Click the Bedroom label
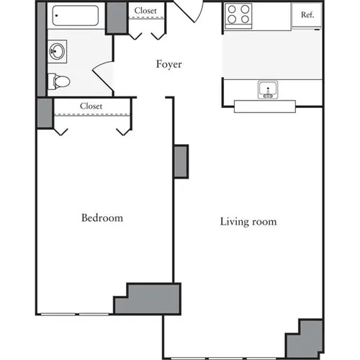102,217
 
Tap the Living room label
248,222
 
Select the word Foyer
169,64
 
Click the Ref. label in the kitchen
307,14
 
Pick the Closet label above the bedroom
91,106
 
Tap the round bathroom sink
56,50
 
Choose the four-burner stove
238,14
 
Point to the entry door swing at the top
189,10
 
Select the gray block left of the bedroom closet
44,113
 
